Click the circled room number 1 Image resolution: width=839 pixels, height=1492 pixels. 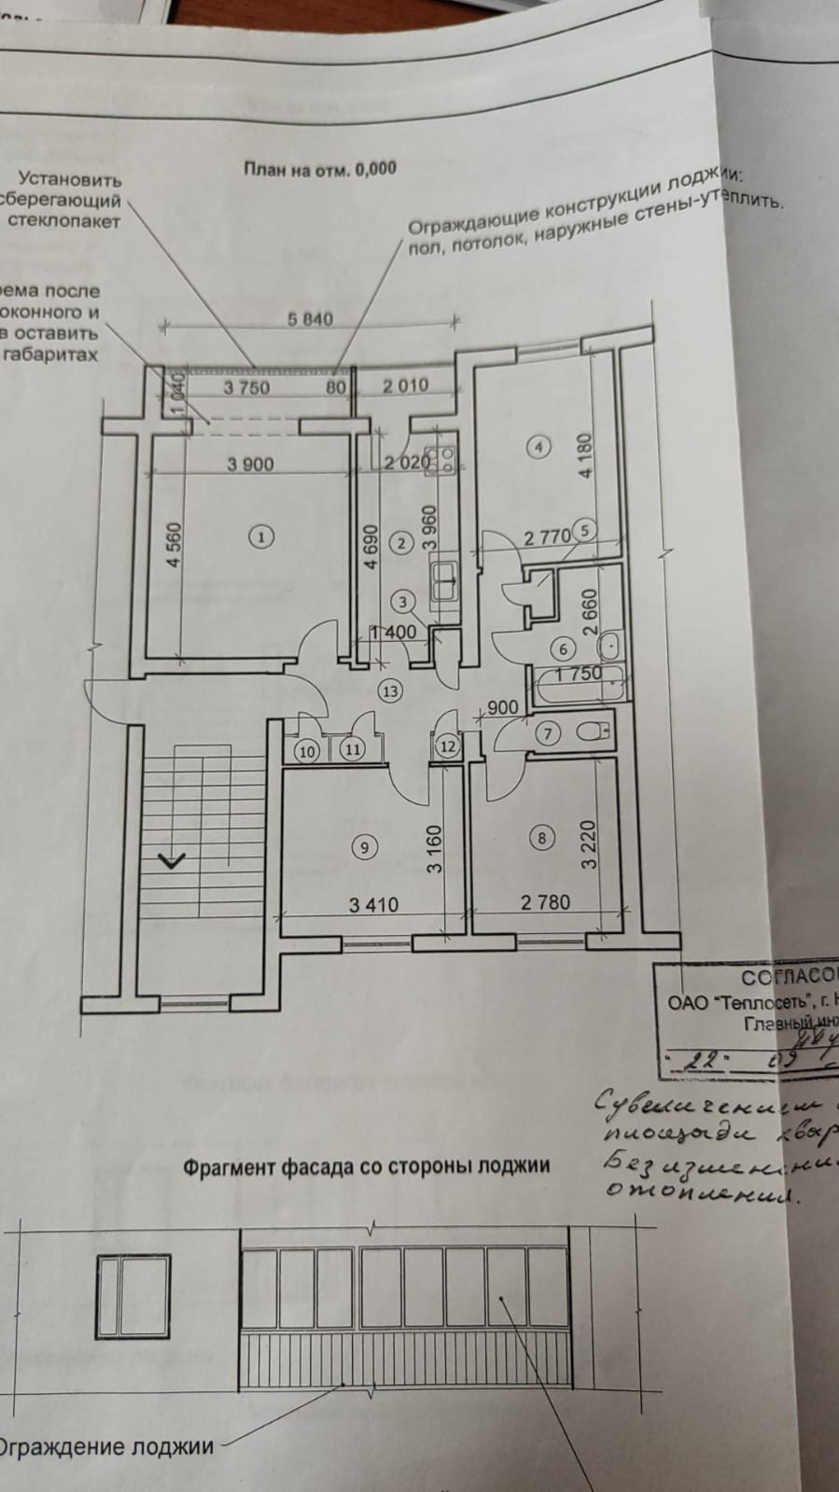pyautogui.click(x=262, y=537)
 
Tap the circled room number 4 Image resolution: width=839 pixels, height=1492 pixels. pyautogui.click(x=538, y=447)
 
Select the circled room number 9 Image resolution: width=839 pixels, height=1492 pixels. pyautogui.click(x=364, y=846)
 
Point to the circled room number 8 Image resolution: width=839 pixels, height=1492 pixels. pyautogui.click(x=542, y=838)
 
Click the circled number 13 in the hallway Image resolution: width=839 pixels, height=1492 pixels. pyautogui.click(x=389, y=690)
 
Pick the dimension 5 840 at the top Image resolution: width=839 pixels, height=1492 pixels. pyautogui.click(x=311, y=319)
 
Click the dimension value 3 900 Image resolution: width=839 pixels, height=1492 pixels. pyautogui.click(x=250, y=464)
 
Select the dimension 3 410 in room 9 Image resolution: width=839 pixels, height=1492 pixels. pyautogui.click(x=373, y=904)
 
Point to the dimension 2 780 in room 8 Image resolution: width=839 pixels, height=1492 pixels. pyautogui.click(x=545, y=902)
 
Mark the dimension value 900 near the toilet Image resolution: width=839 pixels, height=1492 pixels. pyautogui.click(x=502, y=708)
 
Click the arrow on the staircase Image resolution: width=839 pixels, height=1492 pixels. pyautogui.click(x=173, y=860)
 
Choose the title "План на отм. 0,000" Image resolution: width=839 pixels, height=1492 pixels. pyautogui.click(x=319, y=169)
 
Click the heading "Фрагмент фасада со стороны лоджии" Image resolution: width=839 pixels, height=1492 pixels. pyautogui.click(x=366, y=1165)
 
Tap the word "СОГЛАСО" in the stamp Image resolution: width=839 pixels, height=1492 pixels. pyautogui.click(x=786, y=978)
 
